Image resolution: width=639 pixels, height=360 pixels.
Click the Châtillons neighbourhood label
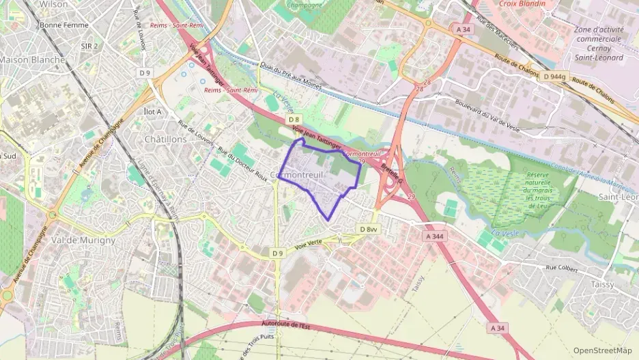pyautogui.click(x=166, y=139)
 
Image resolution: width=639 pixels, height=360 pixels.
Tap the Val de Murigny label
pyautogui.click(x=83, y=240)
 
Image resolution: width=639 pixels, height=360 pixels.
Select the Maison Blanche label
pyautogui.click(x=32, y=59)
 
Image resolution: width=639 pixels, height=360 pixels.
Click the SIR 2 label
pyautogui.click(x=89, y=46)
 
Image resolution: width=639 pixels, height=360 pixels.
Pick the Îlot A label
pyautogui.click(x=153, y=111)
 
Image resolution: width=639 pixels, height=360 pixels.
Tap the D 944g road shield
pyautogui.click(x=552, y=77)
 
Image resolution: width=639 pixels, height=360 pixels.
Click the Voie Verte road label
pyautogui.click(x=308, y=245)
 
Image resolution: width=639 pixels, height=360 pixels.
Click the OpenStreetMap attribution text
pyautogui.click(x=603, y=350)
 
